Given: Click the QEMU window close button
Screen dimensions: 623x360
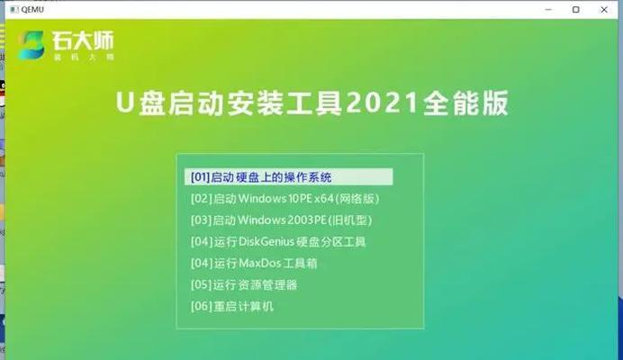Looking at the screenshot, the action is pos(603,10).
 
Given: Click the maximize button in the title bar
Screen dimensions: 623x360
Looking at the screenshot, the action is pos(575,10).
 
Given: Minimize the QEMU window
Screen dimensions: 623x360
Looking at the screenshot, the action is pos(548,10).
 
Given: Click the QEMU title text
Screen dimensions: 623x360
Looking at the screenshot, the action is pos(32,10).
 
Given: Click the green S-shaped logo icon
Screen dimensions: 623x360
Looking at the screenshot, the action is pos(31,45).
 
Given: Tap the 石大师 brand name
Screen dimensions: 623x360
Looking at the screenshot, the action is pos(83,40).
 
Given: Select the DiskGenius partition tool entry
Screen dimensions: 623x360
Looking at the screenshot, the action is pos(278,241).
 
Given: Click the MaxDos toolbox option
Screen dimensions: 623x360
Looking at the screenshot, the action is pos(254,263).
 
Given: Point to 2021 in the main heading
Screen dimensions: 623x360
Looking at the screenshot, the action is pos(382,103).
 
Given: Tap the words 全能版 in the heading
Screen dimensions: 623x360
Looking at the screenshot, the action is pos(465,103).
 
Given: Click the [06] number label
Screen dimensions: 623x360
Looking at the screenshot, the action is pos(201,306).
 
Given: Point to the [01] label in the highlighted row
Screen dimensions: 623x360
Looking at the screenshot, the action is pos(200,177).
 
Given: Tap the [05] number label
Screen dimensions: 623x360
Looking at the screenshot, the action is pos(201,284).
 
